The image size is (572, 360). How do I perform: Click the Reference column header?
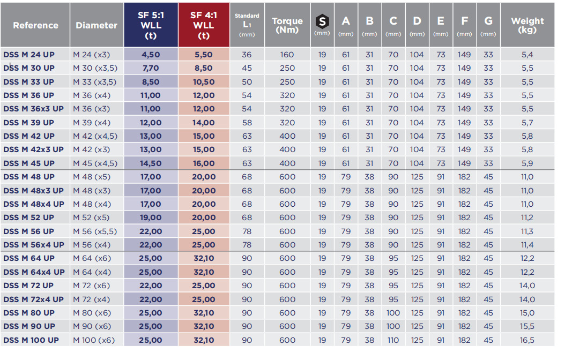click(x=35, y=25)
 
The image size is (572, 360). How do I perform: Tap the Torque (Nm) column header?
click(x=287, y=25)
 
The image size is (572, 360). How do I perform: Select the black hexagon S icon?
click(x=322, y=21)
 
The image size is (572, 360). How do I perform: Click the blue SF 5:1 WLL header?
click(x=151, y=25)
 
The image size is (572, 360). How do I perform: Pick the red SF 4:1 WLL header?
click(x=204, y=25)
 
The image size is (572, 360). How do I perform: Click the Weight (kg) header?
click(x=527, y=25)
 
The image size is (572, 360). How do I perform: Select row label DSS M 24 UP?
click(x=29, y=55)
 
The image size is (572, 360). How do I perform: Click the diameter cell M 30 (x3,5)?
click(x=95, y=68)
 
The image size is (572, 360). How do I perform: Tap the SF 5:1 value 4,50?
click(x=151, y=55)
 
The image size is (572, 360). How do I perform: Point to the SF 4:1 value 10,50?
click(x=204, y=82)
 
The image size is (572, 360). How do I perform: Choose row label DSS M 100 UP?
click(x=31, y=340)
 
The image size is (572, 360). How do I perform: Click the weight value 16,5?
click(x=527, y=340)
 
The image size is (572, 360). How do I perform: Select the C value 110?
click(x=393, y=340)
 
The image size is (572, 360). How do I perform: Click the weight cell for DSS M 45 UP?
click(x=527, y=163)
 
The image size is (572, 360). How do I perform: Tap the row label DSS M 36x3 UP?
click(x=33, y=109)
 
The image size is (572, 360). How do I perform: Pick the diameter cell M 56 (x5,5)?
click(x=95, y=231)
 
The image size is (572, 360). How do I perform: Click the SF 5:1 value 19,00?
click(x=151, y=217)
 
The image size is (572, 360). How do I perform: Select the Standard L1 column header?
click(x=247, y=25)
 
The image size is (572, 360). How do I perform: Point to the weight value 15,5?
click(x=527, y=326)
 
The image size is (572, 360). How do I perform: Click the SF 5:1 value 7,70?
click(x=151, y=68)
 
